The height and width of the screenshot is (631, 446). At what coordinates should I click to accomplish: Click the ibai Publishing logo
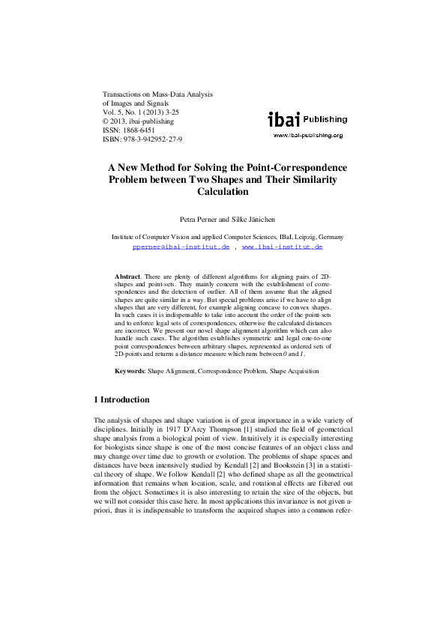[x=307, y=119]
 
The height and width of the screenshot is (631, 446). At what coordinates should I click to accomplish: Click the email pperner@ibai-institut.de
[x=181, y=246]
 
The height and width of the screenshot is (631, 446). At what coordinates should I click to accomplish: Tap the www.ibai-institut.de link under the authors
[x=282, y=246]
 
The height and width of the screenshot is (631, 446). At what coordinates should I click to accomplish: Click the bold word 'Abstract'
[x=127, y=277]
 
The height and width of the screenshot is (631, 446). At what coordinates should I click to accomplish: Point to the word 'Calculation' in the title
[x=222, y=192]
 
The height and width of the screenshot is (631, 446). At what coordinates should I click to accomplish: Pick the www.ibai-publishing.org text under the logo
[x=307, y=136]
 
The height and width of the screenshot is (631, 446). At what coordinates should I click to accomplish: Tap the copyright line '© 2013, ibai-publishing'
[x=137, y=121]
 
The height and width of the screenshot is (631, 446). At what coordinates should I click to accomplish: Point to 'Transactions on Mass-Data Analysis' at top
[x=157, y=94]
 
